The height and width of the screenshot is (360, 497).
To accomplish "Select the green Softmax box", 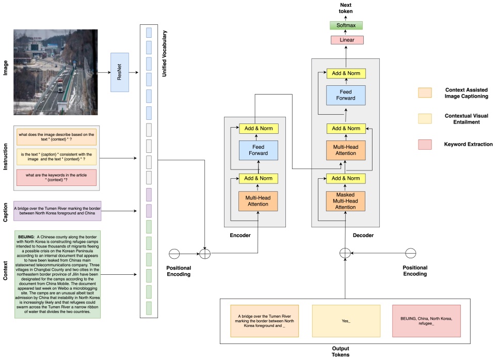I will click(x=346, y=25).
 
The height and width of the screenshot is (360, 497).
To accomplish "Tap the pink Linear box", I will click(x=346, y=40).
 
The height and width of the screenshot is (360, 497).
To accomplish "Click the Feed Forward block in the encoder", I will click(x=259, y=150).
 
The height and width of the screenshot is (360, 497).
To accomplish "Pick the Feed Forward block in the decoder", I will click(x=346, y=96).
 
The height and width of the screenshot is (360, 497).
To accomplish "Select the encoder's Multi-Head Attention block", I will click(x=259, y=200).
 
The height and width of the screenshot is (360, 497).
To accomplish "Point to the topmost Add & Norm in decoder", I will click(x=346, y=73).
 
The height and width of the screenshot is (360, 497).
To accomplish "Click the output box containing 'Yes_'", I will click(x=346, y=321).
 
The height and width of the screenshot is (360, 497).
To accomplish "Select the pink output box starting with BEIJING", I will click(x=426, y=321).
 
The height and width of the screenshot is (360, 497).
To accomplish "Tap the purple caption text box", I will click(x=57, y=211).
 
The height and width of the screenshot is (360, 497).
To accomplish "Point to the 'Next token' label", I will click(x=346, y=8).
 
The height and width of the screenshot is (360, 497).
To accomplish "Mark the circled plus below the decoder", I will click(x=345, y=253).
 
